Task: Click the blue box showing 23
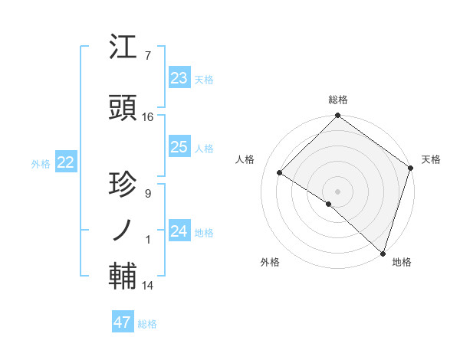click(x=179, y=78)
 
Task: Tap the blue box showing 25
click(x=179, y=147)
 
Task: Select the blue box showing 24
click(x=179, y=231)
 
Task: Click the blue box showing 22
click(x=65, y=162)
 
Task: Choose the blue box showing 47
click(x=122, y=322)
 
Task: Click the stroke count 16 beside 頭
click(x=148, y=117)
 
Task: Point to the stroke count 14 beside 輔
click(x=148, y=286)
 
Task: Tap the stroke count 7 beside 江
click(x=147, y=56)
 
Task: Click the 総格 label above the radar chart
click(x=337, y=100)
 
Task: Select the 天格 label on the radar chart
click(x=431, y=159)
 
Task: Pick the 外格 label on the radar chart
click(x=270, y=262)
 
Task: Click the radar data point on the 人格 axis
click(x=280, y=173)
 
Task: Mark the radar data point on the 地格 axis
click(x=382, y=252)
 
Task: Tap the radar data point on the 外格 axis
click(x=329, y=204)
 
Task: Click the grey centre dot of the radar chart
click(x=337, y=191)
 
